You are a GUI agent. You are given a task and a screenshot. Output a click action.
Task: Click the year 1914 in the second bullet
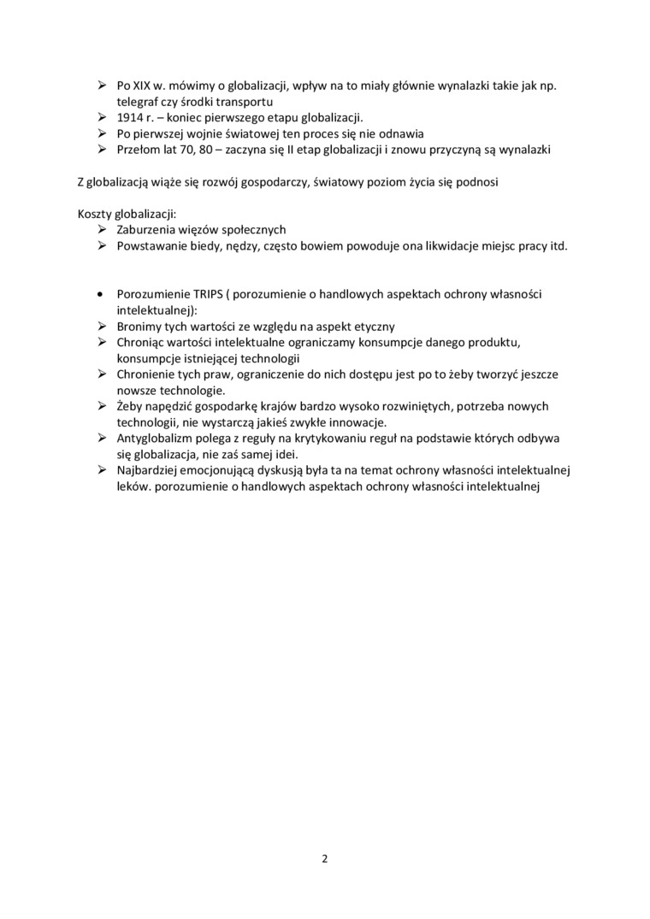click(129, 117)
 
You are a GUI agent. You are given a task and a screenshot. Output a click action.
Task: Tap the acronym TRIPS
click(200, 294)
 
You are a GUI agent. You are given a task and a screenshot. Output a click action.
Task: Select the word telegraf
click(137, 101)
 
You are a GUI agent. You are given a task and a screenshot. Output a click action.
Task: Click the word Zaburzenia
click(144, 230)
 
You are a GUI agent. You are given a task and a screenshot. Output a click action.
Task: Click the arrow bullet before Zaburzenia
click(101, 230)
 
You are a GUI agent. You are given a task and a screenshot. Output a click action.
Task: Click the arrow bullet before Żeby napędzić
click(101, 407)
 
